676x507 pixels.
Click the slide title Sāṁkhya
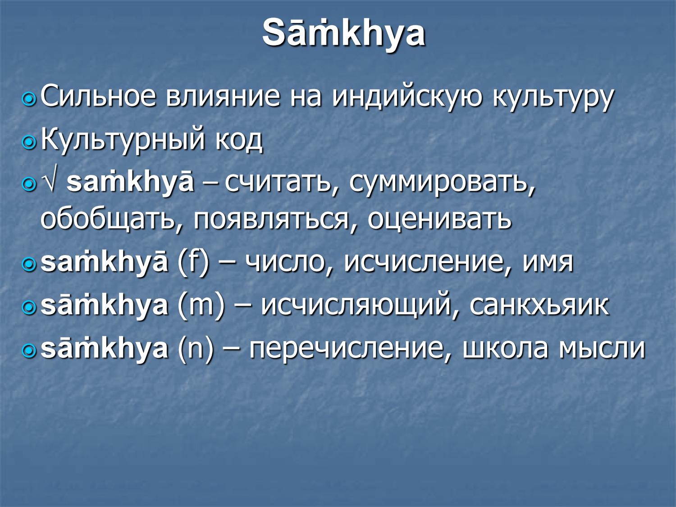(343, 33)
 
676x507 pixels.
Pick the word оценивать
(439, 219)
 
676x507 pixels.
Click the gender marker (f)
(194, 261)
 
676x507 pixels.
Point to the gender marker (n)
(195, 348)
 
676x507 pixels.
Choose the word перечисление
(347, 348)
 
